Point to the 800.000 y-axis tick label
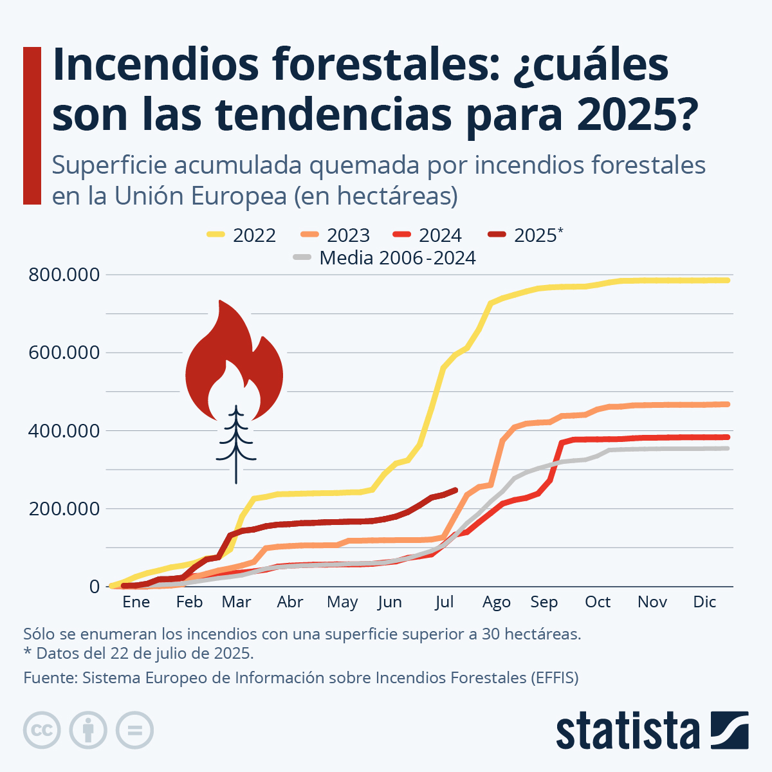click(x=64, y=275)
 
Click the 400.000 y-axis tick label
click(x=64, y=430)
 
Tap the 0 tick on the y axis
click(x=95, y=587)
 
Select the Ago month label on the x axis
click(x=496, y=602)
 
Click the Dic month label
click(x=704, y=602)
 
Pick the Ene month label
click(x=136, y=602)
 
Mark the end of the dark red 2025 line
click(x=455, y=490)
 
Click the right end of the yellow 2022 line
click(x=728, y=280)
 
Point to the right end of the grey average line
click(x=728, y=448)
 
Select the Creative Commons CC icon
click(x=42, y=730)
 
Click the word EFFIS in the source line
click(x=554, y=678)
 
